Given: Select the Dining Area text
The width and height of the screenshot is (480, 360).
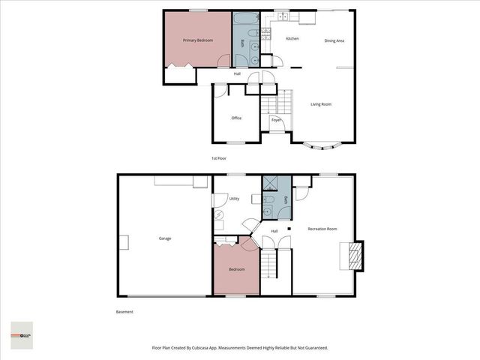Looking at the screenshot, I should pos(334,40).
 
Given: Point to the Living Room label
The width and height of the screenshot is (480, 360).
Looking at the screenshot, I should pos(321,104).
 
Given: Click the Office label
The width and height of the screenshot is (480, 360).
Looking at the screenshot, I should pos(236,118).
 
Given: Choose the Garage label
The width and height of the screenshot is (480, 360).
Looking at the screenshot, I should pos(164,238).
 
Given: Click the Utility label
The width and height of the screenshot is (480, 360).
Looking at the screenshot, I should pos(234,199).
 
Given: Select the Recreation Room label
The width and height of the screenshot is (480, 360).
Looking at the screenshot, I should pos(322,229).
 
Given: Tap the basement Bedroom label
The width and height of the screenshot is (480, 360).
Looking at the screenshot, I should pos(236,269).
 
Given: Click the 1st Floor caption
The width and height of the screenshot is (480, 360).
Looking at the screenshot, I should pos(219,158).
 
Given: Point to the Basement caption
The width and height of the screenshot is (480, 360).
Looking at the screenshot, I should pos(124,312).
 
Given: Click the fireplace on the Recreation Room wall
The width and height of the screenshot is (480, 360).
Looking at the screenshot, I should pos(355,255).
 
